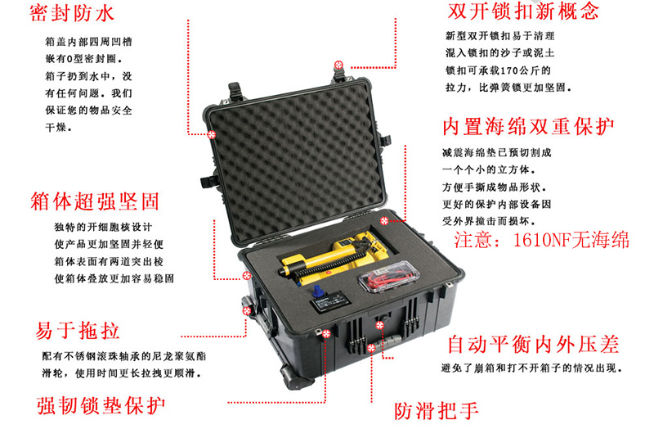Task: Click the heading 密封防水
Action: (72, 13)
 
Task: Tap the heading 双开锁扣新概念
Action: (523, 11)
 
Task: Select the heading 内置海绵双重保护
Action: (528, 127)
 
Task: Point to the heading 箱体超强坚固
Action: (95, 201)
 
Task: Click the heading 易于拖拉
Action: (78, 331)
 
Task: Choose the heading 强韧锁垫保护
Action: (101, 405)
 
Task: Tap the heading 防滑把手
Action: (437, 411)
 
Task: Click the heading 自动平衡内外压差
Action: (534, 345)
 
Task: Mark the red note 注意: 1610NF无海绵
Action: (541, 240)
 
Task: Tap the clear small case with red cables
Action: (387, 277)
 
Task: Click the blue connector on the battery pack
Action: (318, 291)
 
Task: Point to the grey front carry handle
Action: (390, 341)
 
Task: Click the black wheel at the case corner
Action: (295, 377)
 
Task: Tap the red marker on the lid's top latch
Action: (338, 65)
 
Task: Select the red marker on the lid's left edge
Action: (212, 134)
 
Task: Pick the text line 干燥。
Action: (58, 128)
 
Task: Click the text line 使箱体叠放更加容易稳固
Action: (114, 278)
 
